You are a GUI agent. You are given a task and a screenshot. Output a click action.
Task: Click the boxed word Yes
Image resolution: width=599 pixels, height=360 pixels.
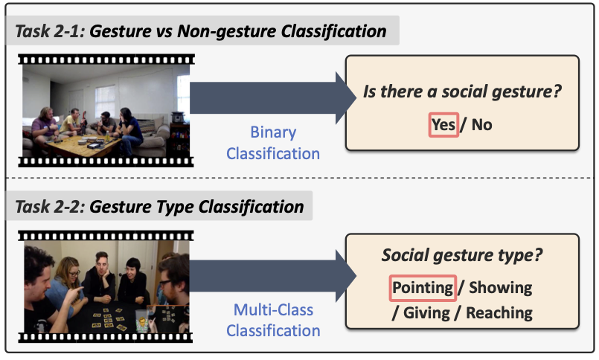pos(443,125)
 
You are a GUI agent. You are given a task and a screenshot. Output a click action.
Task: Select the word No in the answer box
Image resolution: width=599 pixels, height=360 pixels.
pos(481,125)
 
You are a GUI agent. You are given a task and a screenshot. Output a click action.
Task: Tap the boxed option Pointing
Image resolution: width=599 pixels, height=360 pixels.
pos(423,288)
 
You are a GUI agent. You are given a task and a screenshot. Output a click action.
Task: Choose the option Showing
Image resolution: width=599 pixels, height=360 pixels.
pos(501,288)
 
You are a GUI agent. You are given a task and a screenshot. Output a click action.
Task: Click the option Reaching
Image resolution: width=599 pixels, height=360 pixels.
pos(499,313)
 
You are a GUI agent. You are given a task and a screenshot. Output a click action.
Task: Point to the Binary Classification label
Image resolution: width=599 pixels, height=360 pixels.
pos(273,143)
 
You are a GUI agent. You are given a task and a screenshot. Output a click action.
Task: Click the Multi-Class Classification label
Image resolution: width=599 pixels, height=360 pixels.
pos(273,320)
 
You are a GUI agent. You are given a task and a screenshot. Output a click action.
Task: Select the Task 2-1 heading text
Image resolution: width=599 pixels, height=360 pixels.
pos(201,31)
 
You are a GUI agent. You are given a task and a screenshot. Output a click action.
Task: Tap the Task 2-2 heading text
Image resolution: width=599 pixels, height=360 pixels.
pos(159,207)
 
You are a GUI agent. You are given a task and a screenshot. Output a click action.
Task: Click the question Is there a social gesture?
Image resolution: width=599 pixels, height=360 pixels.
pos(462,91)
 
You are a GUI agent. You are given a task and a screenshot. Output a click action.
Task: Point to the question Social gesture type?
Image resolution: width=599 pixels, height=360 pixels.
pos(462,255)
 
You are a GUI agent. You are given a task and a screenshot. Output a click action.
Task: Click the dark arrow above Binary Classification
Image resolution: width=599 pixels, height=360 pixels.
pos(273,97)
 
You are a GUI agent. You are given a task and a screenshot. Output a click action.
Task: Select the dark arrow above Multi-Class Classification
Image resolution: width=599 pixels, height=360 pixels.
pos(273,276)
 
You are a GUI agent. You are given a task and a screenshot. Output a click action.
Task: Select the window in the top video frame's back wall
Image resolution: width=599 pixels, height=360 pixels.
pos(105,100)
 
